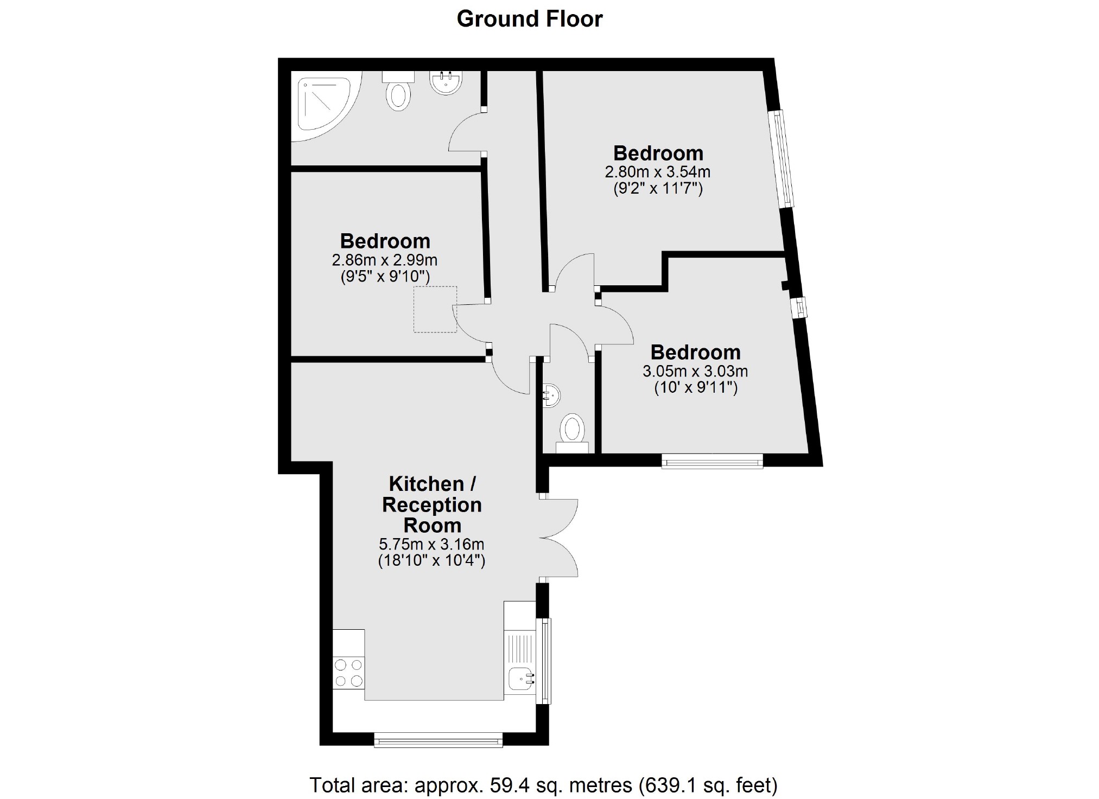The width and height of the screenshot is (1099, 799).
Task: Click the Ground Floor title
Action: [x=529, y=19]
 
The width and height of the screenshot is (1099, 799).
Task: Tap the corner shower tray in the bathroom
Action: [x=325, y=106]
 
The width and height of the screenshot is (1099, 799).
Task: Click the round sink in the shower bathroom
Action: [x=446, y=83]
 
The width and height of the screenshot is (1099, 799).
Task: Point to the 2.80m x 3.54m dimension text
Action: [x=657, y=172]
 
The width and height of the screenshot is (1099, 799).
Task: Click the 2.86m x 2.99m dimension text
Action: [x=385, y=260]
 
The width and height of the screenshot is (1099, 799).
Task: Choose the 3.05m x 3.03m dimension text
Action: [x=695, y=372]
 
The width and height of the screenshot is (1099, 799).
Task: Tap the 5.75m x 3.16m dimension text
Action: [x=431, y=544]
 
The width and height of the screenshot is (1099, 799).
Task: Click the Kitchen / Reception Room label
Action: [x=432, y=504]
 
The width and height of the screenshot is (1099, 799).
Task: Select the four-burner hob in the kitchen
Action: [x=348, y=673]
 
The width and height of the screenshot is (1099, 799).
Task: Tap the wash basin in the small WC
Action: [x=551, y=395]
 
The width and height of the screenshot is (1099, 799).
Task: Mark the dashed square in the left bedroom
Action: [x=435, y=309]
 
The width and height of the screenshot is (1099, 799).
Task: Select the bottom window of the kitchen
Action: [x=438, y=740]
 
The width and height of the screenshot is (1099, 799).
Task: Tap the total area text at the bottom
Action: [x=543, y=784]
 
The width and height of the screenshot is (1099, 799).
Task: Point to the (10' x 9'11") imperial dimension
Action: [x=696, y=388]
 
